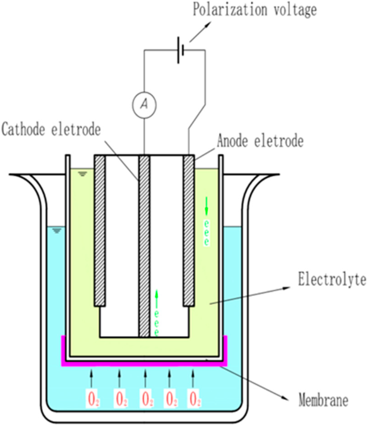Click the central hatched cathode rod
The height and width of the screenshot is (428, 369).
click(143, 244)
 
